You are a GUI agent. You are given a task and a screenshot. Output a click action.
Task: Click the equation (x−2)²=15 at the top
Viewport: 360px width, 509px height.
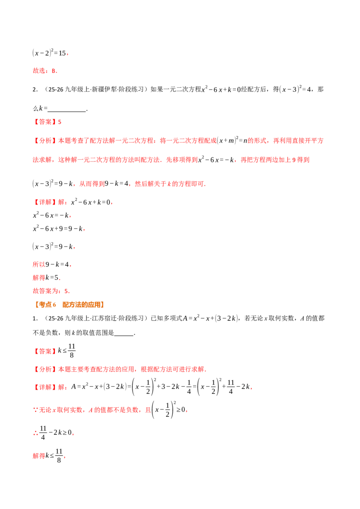[49, 53]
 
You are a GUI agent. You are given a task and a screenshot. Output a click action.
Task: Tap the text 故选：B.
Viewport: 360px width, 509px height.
[45, 71]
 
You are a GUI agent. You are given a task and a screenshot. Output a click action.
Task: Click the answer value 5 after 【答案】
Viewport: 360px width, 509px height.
[59, 122]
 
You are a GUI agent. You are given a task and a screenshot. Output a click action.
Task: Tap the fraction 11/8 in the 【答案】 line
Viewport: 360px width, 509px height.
[72, 351]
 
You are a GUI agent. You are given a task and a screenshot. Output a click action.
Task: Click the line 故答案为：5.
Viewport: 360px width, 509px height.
[51, 291]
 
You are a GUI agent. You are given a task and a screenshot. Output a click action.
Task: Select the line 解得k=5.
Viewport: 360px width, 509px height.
[46, 278]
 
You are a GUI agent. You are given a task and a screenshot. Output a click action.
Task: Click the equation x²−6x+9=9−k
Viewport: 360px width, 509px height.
[58, 228]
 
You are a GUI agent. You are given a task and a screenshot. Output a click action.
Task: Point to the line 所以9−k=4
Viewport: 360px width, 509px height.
[52, 264]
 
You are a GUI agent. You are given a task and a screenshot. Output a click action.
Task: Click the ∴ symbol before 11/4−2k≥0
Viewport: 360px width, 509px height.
[36, 433]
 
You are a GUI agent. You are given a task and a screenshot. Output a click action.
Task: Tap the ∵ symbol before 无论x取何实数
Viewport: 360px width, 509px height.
[36, 410]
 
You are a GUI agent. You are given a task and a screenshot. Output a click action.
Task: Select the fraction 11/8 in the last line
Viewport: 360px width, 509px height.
[59, 455]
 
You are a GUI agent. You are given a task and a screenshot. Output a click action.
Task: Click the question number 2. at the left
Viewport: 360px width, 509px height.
[35, 90]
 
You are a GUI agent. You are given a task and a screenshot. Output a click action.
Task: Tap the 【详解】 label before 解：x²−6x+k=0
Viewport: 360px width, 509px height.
[45, 202]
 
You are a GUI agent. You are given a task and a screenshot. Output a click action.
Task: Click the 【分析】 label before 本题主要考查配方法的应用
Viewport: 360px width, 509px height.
[45, 369]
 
